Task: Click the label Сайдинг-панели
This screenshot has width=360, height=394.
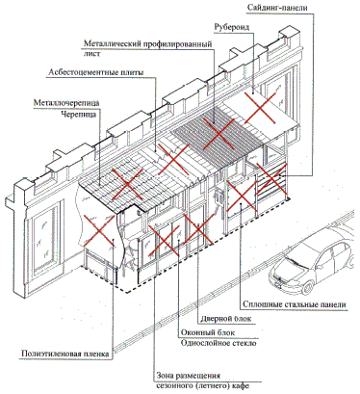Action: point(277,8)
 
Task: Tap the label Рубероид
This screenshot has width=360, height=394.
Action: point(232,27)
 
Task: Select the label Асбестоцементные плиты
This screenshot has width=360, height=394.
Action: point(96,72)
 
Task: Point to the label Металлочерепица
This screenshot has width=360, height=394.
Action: point(66,103)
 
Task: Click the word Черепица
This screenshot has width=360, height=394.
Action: point(79,114)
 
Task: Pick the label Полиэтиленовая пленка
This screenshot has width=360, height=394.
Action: point(65,354)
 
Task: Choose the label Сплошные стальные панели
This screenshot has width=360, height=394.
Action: point(295,304)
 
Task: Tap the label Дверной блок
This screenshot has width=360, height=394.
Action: point(226,319)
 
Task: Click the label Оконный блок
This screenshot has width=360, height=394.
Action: point(208,332)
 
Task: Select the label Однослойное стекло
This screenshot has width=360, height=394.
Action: point(219,343)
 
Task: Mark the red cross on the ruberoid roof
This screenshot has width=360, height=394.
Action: point(260,108)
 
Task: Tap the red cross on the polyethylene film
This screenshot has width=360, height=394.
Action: point(99,231)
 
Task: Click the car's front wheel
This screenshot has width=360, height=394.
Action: point(308,287)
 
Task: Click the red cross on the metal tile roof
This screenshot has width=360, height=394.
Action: point(128,184)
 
